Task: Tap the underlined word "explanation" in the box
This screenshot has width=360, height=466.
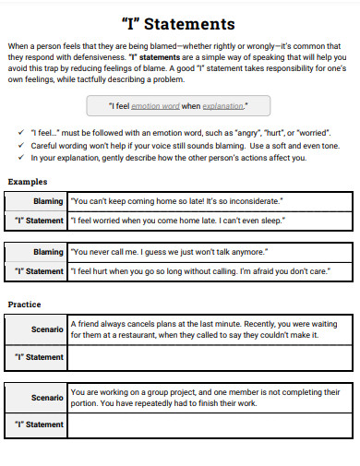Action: [x=222, y=106]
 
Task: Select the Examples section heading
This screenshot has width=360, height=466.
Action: [x=29, y=181]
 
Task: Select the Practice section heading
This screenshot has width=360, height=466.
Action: [x=26, y=303]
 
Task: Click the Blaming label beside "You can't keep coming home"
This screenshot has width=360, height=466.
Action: [x=48, y=200]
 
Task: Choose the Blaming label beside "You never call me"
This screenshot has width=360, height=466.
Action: [x=48, y=251]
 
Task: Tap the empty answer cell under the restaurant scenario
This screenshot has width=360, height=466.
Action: [x=210, y=357]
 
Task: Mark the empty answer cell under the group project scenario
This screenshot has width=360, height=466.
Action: [x=210, y=424]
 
